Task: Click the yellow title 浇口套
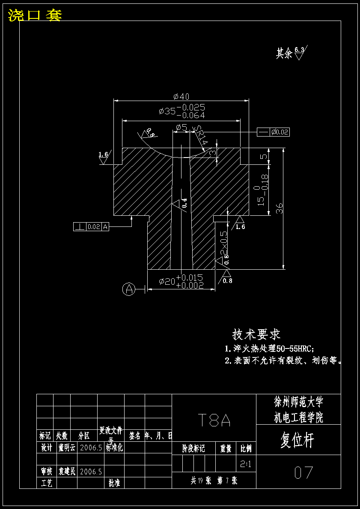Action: (35, 15)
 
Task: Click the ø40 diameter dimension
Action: (181, 96)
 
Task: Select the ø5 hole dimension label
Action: (181, 127)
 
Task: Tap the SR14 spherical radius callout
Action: (201, 136)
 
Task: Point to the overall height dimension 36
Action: (279, 208)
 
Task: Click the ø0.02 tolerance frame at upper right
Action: (280, 132)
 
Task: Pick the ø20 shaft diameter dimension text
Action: (181, 281)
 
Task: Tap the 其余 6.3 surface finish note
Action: (291, 53)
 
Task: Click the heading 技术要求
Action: (256, 334)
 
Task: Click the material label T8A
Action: (214, 421)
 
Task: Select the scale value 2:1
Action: (246, 464)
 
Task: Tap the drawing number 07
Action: (303, 473)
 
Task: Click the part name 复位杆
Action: (298, 441)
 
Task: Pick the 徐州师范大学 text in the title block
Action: (298, 402)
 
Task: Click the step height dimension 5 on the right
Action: (264, 156)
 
